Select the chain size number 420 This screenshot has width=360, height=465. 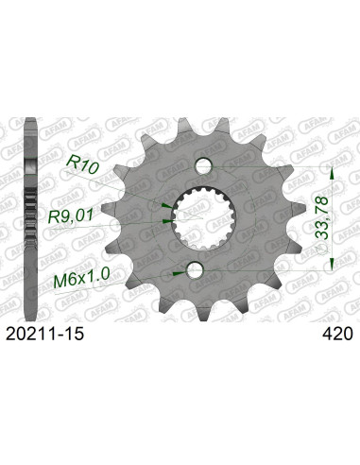tap(336, 333)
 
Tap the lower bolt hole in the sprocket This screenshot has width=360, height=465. tap(196, 270)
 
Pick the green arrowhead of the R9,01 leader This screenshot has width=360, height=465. tap(166, 218)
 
